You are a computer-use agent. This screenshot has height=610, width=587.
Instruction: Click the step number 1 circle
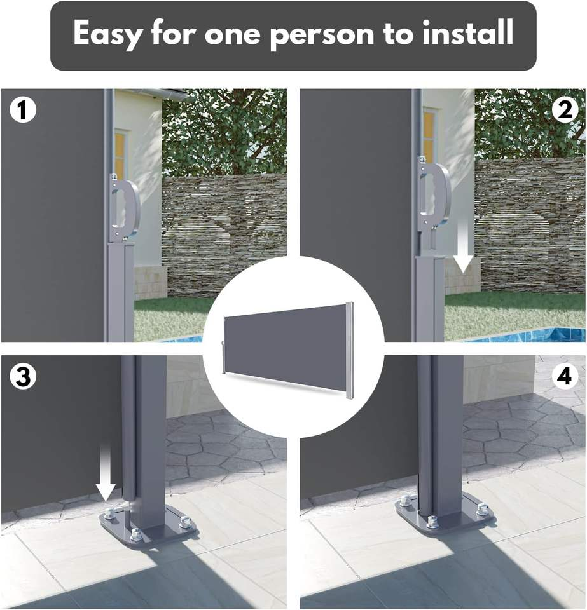tap(23, 109)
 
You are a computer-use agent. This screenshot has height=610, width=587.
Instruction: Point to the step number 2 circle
tap(565, 109)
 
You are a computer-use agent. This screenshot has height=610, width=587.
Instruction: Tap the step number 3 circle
tap(23, 377)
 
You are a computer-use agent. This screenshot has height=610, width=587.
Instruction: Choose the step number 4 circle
tap(565, 377)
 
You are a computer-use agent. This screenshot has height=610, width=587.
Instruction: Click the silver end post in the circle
tap(350, 350)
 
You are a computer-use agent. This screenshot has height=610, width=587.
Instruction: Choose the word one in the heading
tap(232, 34)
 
